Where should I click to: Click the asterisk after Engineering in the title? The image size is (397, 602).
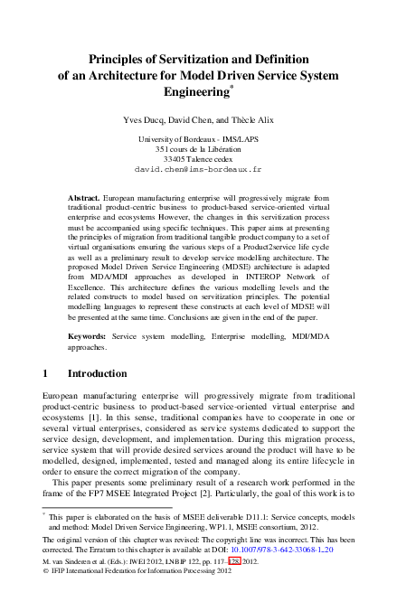[x=232, y=87]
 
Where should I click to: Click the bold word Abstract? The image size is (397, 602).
[x=84, y=196]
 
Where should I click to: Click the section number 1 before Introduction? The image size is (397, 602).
[x=46, y=373]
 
